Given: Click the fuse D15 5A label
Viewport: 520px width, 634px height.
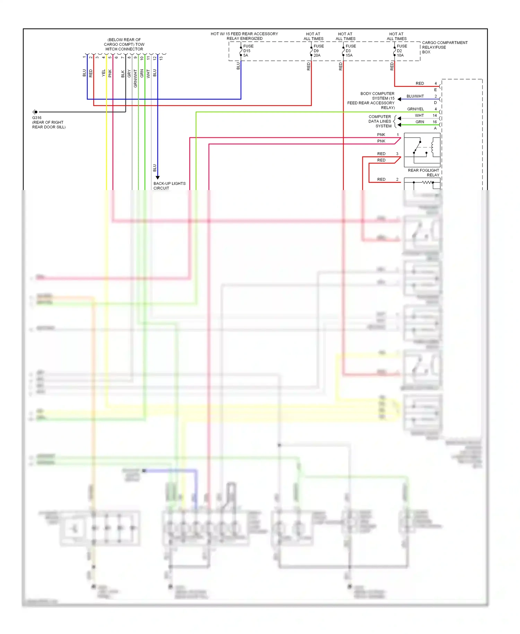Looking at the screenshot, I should [x=248, y=51].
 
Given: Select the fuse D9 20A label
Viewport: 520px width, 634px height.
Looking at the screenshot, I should [x=318, y=51].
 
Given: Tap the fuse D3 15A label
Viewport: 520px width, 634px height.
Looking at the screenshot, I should [x=350, y=51].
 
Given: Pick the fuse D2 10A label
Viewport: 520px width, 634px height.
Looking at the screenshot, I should [x=401, y=51].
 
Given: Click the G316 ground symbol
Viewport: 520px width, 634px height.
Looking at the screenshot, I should [x=35, y=112].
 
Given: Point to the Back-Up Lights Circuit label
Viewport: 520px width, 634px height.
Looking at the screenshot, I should [x=169, y=186].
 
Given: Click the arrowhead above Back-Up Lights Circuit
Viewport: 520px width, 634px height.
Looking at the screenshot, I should [x=158, y=177].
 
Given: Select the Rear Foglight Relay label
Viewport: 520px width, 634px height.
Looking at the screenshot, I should [x=423, y=172].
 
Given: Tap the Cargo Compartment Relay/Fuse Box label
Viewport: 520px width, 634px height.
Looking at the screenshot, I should [x=444, y=47].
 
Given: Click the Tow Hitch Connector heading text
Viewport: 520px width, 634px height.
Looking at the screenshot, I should [x=124, y=44].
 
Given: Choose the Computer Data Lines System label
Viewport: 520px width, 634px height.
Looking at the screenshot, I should [x=380, y=121].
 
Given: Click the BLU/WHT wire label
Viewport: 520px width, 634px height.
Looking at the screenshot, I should [x=415, y=96].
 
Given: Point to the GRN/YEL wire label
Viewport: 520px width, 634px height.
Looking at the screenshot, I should [x=415, y=109].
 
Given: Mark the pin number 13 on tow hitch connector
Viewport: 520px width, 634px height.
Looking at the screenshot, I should [x=161, y=58].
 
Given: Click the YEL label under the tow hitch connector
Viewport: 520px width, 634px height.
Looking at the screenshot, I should [x=103, y=73].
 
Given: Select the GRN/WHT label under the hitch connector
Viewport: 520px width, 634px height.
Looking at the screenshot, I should [x=136, y=78].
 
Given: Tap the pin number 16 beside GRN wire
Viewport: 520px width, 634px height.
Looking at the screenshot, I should [x=435, y=122].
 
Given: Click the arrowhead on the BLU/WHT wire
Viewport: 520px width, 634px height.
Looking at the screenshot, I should [x=399, y=99].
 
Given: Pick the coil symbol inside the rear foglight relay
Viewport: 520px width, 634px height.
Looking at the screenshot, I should [x=433, y=147].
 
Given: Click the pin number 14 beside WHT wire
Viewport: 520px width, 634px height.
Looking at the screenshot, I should [x=435, y=115].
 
